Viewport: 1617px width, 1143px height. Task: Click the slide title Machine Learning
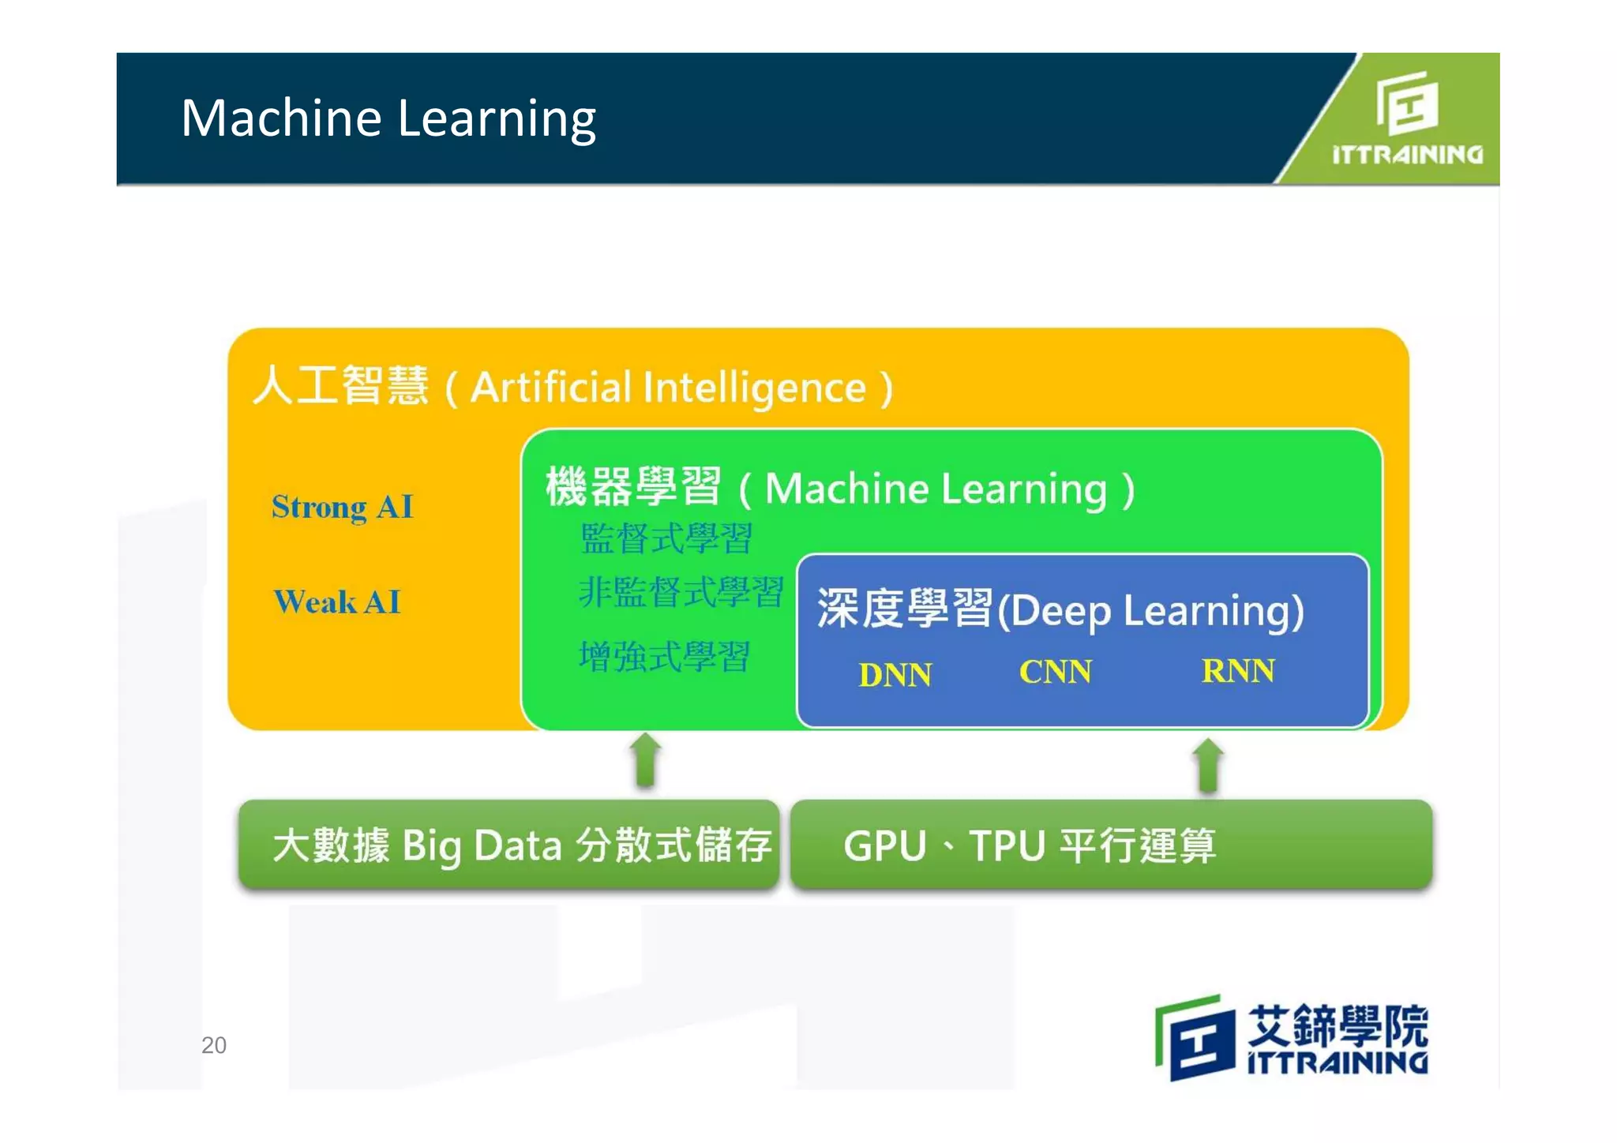click(x=388, y=118)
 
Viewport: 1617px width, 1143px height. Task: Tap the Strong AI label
click(x=342, y=507)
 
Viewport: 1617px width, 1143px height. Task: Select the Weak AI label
click(x=337, y=601)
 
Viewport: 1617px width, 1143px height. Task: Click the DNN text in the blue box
click(x=895, y=675)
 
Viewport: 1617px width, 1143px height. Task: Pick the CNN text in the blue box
click(x=1055, y=672)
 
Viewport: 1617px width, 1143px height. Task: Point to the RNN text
click(x=1237, y=671)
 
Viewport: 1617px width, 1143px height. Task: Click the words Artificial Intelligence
click(x=668, y=388)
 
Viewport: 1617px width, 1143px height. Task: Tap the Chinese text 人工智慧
click(x=340, y=385)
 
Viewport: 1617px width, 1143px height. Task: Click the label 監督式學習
click(x=666, y=538)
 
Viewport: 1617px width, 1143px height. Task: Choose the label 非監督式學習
click(x=681, y=592)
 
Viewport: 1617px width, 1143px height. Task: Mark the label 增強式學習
click(x=664, y=657)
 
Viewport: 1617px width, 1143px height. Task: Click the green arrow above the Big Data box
click(x=646, y=759)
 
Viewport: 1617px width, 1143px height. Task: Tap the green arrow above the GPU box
click(x=1208, y=764)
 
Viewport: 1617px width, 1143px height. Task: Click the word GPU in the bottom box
click(x=884, y=846)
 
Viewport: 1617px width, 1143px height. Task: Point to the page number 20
click(x=214, y=1045)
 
